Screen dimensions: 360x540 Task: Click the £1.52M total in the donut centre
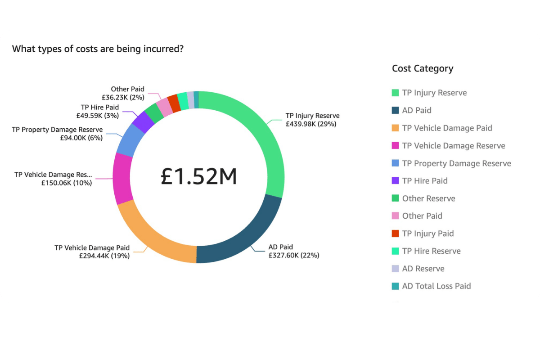(x=199, y=177)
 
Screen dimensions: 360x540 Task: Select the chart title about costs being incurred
(x=98, y=49)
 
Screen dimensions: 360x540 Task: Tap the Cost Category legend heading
(x=423, y=68)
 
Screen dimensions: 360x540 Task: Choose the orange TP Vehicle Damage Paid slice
(x=153, y=234)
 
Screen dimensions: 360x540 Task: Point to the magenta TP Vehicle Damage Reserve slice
(x=122, y=179)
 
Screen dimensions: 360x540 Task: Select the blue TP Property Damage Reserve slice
(x=129, y=139)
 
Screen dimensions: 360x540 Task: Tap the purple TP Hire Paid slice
(x=144, y=121)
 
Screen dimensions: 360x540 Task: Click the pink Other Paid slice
(x=165, y=107)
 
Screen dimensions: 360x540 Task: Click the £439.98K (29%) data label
(x=311, y=124)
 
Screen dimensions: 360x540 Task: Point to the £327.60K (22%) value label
(x=294, y=255)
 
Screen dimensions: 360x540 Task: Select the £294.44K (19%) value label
(x=104, y=256)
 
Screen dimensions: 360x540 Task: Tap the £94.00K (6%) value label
(x=81, y=138)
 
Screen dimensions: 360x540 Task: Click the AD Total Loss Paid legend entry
(x=436, y=286)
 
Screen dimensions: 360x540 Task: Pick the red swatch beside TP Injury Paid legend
(x=395, y=234)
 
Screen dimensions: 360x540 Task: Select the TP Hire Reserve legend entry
(x=431, y=251)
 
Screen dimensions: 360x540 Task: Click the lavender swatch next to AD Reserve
(x=395, y=269)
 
